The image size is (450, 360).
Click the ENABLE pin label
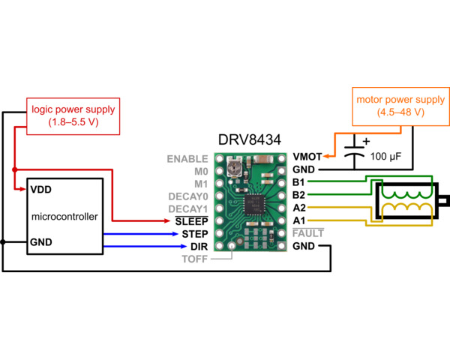tap(187, 159)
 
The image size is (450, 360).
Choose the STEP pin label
tap(193, 234)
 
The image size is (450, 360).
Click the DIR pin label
tap(198, 246)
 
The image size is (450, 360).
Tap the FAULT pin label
tap(307, 233)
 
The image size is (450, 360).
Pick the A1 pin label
tap(298, 220)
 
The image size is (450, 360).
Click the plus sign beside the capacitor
tap(366, 140)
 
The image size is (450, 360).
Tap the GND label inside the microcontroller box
tap(41, 242)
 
